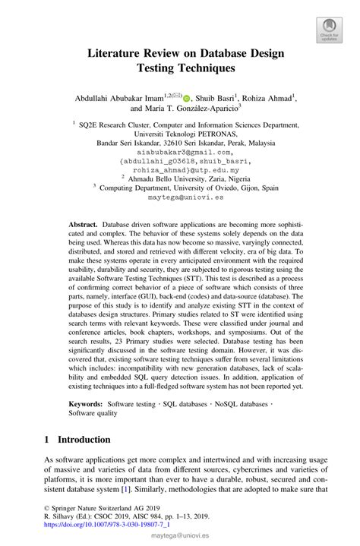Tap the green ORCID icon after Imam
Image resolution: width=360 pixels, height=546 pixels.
186,97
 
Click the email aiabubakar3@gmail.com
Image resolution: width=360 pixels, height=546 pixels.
180,152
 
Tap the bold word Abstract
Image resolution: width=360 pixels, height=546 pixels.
83,226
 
